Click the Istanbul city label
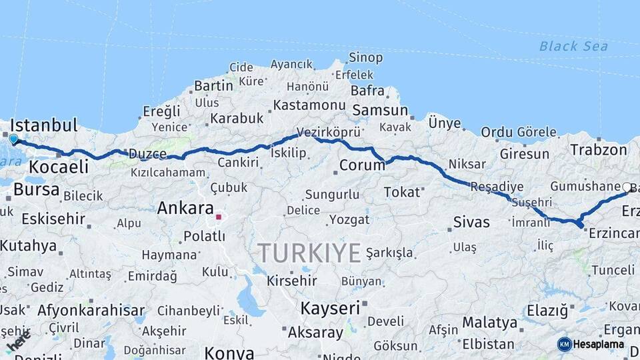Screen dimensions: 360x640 (44, 125)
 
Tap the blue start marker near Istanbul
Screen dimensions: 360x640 (13, 139)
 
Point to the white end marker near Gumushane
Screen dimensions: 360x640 (627, 188)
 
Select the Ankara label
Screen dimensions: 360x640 (185, 208)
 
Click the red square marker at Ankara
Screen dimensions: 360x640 (218, 217)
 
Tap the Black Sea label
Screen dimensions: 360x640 (573, 46)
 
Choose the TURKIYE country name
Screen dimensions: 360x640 (309, 253)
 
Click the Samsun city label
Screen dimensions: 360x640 (380, 110)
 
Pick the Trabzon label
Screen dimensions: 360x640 (598, 150)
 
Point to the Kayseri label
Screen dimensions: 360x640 (330, 308)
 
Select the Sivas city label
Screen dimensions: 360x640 (471, 222)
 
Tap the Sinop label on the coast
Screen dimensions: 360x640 (366, 58)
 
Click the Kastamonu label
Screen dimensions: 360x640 (309, 105)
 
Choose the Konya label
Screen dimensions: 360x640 (229, 352)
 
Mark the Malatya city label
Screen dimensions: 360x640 (489, 323)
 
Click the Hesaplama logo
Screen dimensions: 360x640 (591, 344)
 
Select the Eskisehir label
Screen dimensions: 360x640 (53, 219)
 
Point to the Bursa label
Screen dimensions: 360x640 (36, 189)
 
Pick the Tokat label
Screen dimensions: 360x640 (402, 192)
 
